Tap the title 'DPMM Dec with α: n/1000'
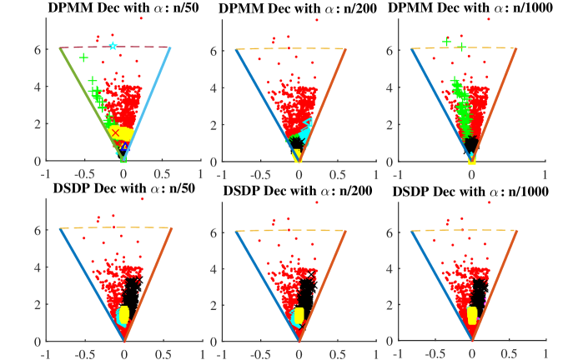472,7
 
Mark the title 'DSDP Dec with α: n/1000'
472,189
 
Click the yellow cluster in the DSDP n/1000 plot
472,315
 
